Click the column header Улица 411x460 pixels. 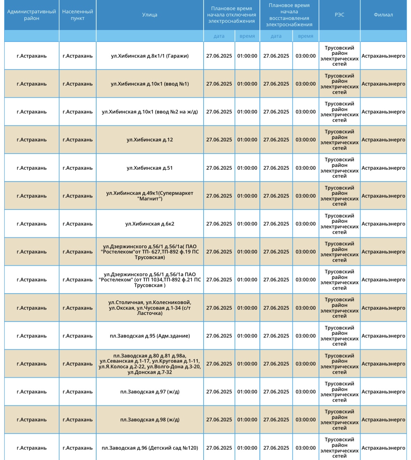pyautogui.click(x=150, y=15)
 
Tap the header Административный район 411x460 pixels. pyautogui.click(x=31, y=15)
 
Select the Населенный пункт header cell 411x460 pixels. pyautogui.click(x=77, y=15)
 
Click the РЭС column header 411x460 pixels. pyautogui.click(x=339, y=15)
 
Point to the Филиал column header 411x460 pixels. pyautogui.click(x=383, y=15)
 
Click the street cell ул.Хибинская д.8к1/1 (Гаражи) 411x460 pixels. pyautogui.click(x=150, y=56)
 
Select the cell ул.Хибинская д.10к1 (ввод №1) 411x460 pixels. pyautogui.click(x=150, y=84)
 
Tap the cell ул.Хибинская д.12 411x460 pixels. pyautogui.click(x=150, y=140)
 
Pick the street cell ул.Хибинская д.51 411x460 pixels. pyautogui.click(x=150, y=168)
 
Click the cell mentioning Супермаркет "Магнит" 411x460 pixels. pyautogui.click(x=150, y=196)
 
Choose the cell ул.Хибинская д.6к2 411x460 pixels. pyautogui.click(x=150, y=224)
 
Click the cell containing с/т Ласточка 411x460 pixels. pyautogui.click(x=150, y=308)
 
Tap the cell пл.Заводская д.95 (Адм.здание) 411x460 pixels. pyautogui.click(x=150, y=336)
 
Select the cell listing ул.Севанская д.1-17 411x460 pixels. pyautogui.click(x=150, y=364)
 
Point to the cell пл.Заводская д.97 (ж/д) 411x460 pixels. pyautogui.click(x=150, y=392)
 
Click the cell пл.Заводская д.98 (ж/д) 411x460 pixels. pyautogui.click(x=150, y=420)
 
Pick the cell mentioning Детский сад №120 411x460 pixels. pyautogui.click(x=150, y=448)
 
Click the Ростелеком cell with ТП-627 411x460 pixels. pyautogui.click(x=150, y=252)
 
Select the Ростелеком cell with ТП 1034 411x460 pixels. pyautogui.click(x=150, y=280)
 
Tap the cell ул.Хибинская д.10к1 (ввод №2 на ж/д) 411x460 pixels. pyautogui.click(x=150, y=112)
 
